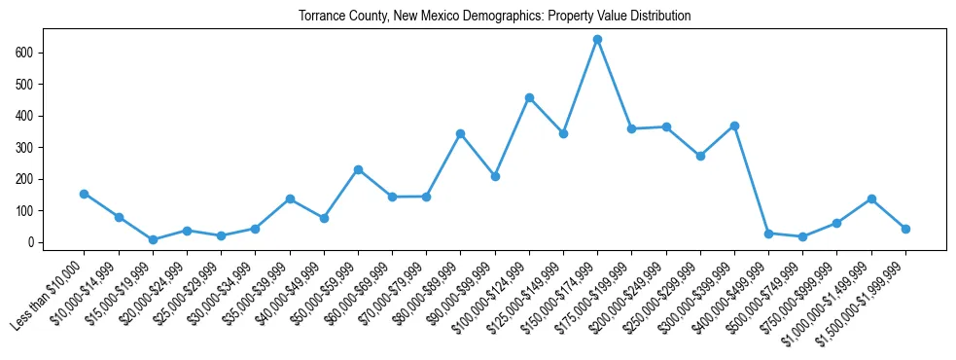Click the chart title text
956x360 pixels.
tap(494, 16)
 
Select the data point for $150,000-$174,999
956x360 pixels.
tap(597, 39)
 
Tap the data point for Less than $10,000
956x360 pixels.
tap(84, 194)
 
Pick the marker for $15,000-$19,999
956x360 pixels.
tap(153, 239)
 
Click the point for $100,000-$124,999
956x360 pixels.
tap(529, 97)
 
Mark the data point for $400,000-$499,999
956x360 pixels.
tap(768, 234)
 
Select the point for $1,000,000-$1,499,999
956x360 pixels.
tap(871, 198)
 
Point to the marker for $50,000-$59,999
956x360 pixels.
tap(358, 169)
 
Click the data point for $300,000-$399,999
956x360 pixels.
tap(734, 126)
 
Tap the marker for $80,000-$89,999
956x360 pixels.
tap(460, 133)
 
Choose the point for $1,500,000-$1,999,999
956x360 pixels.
tap(905, 229)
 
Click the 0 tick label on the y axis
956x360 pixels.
tap(32, 242)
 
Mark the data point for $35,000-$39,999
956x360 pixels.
tap(290, 198)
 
